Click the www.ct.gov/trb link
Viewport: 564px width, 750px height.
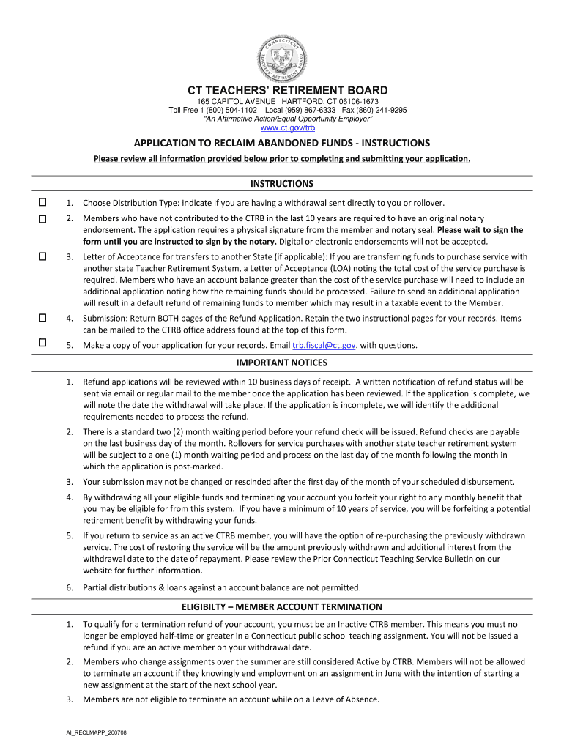(282, 128)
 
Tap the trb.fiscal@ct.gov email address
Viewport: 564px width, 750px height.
(324, 345)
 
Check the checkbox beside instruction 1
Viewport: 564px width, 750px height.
(42, 202)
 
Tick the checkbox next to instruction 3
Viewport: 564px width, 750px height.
(42, 256)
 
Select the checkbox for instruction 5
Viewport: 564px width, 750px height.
(42, 343)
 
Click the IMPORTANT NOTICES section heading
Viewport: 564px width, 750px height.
(282, 363)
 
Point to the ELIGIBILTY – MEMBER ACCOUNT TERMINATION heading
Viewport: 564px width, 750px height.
(282, 606)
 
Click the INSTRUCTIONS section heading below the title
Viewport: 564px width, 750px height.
(282, 183)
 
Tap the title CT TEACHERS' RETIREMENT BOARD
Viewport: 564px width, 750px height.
(282, 90)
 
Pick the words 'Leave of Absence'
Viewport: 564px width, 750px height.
(346, 699)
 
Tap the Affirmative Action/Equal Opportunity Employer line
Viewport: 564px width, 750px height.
(282, 119)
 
